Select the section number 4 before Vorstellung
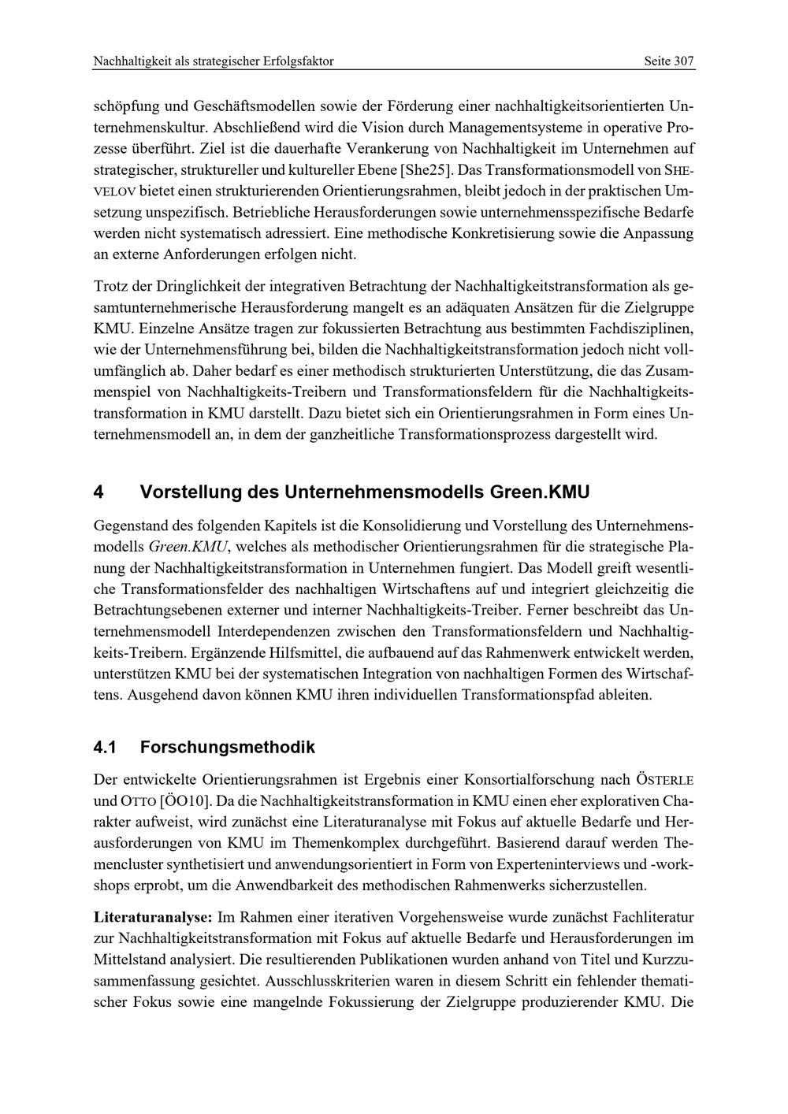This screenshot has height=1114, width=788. tap(98, 492)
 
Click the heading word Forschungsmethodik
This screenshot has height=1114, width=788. tap(228, 747)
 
